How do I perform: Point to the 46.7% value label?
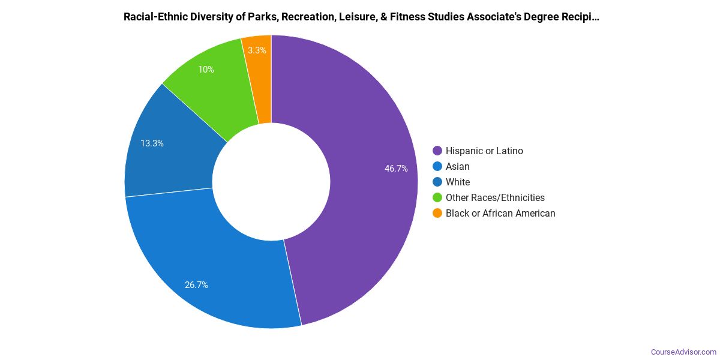(x=396, y=169)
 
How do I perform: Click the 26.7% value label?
(x=196, y=285)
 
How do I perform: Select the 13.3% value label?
(x=152, y=143)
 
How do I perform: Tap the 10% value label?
(x=206, y=70)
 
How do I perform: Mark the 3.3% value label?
(x=257, y=50)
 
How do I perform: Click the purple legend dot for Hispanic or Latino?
(x=437, y=151)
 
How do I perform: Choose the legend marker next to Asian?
(x=437, y=167)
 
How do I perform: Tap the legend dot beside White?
(x=437, y=182)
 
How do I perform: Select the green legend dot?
(x=437, y=198)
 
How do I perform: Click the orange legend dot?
(x=437, y=214)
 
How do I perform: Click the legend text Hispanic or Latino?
(x=484, y=151)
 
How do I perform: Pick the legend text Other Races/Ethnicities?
(x=495, y=198)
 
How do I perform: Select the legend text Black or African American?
(x=500, y=214)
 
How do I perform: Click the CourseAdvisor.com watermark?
(x=683, y=352)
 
